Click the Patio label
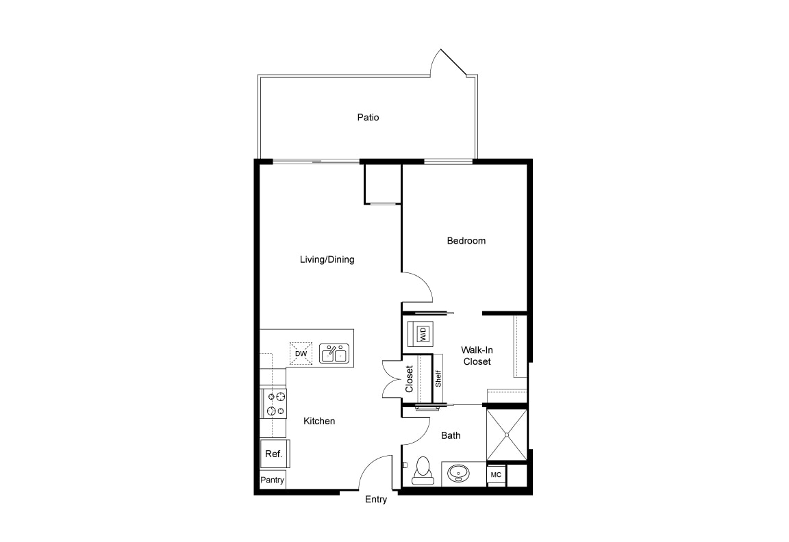tap(368, 118)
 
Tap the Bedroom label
tap(466, 241)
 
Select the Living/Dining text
tap(327, 260)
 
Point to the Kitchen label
tap(319, 422)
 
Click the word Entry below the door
tap(376, 500)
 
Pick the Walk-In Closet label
tap(477, 356)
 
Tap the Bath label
tap(451, 435)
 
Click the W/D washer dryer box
tap(422, 334)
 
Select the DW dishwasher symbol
tap(301, 353)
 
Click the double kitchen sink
tap(334, 353)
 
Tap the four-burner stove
tap(275, 403)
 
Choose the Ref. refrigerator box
tap(273, 454)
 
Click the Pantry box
tap(272, 480)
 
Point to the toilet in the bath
tap(422, 471)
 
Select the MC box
tap(495, 475)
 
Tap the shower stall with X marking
tap(507, 435)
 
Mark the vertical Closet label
tap(410, 378)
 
